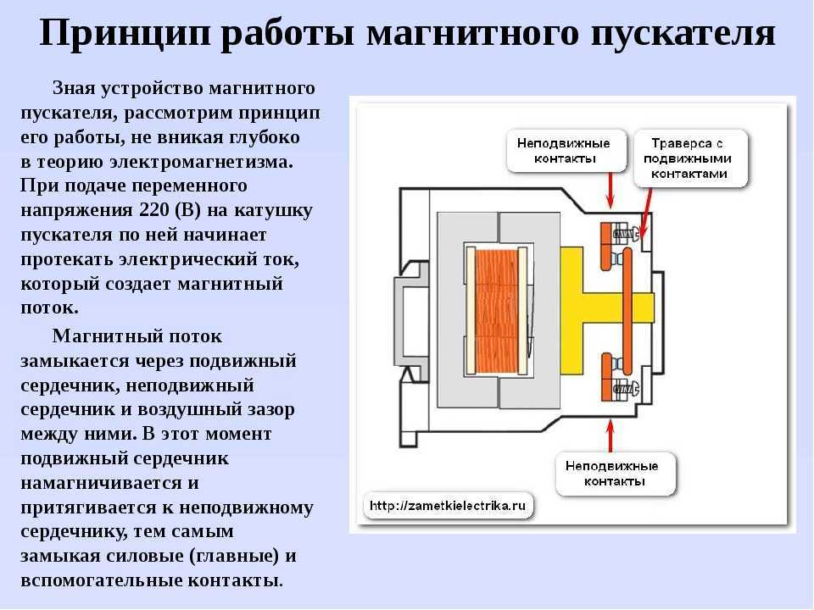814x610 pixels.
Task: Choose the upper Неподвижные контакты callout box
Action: (x=563, y=151)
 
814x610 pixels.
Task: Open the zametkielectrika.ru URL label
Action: (x=449, y=506)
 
